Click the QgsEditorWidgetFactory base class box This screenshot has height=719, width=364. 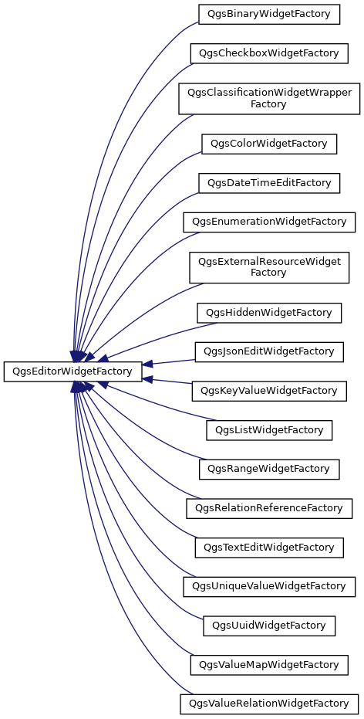click(x=73, y=371)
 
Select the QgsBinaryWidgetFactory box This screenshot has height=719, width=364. click(x=269, y=14)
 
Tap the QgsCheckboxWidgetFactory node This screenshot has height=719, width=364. click(x=269, y=53)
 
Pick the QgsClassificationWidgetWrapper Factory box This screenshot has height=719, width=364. click(x=269, y=98)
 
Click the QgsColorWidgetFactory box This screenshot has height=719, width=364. click(x=269, y=144)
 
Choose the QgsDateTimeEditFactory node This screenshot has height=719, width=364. click(x=269, y=183)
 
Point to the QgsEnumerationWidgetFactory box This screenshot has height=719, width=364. click(x=269, y=222)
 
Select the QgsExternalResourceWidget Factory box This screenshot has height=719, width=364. click(x=269, y=267)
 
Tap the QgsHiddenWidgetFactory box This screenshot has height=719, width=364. click(x=269, y=313)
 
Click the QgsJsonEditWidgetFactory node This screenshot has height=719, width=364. click(x=269, y=351)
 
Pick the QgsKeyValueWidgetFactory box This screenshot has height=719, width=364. click(x=269, y=391)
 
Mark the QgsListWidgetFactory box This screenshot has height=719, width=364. click(x=269, y=430)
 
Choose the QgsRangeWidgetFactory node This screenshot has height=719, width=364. click(x=269, y=469)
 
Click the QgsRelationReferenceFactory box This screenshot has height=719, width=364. click(x=269, y=508)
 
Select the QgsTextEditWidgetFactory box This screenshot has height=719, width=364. click(x=269, y=547)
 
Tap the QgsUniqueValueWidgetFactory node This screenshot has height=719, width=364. click(x=269, y=586)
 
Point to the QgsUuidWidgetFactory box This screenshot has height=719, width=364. click(x=269, y=625)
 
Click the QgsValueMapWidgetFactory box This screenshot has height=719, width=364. click(x=269, y=664)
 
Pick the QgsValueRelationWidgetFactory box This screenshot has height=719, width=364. click(x=269, y=704)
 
